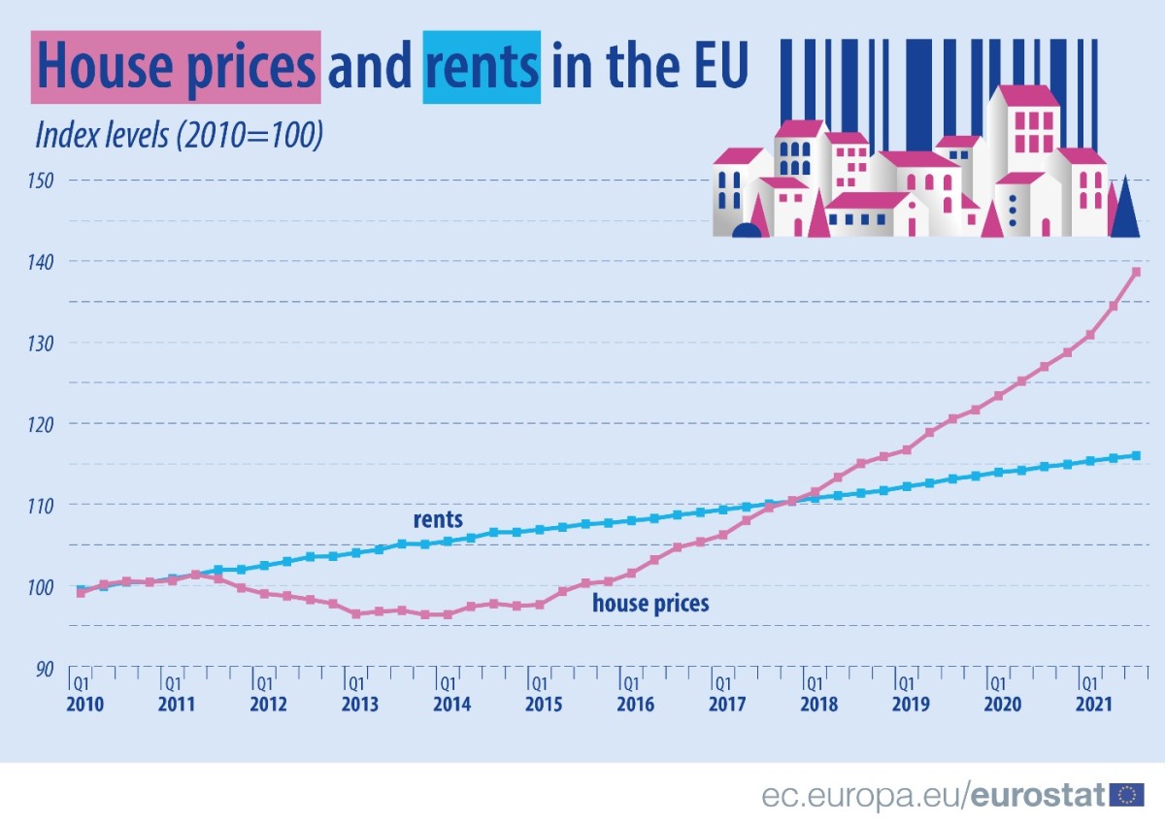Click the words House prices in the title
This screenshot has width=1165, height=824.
[x=176, y=66]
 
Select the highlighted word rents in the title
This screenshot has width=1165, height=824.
[x=482, y=66]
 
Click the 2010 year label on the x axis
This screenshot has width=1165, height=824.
[x=83, y=704]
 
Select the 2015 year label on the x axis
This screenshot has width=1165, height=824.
[x=543, y=704]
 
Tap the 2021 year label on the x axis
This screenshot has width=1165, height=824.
[x=1094, y=704]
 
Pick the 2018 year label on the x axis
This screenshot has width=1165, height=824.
[x=818, y=704]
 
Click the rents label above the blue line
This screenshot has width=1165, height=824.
[x=438, y=519]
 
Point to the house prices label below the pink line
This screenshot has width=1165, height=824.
[x=650, y=604]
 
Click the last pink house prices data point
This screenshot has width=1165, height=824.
[x=1136, y=272]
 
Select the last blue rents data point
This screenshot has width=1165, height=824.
[x=1136, y=455]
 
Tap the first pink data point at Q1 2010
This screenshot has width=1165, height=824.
[x=81, y=592]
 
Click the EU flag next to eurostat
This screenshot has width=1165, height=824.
[x=1127, y=796]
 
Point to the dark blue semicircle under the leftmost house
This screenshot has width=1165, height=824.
[x=746, y=231]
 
